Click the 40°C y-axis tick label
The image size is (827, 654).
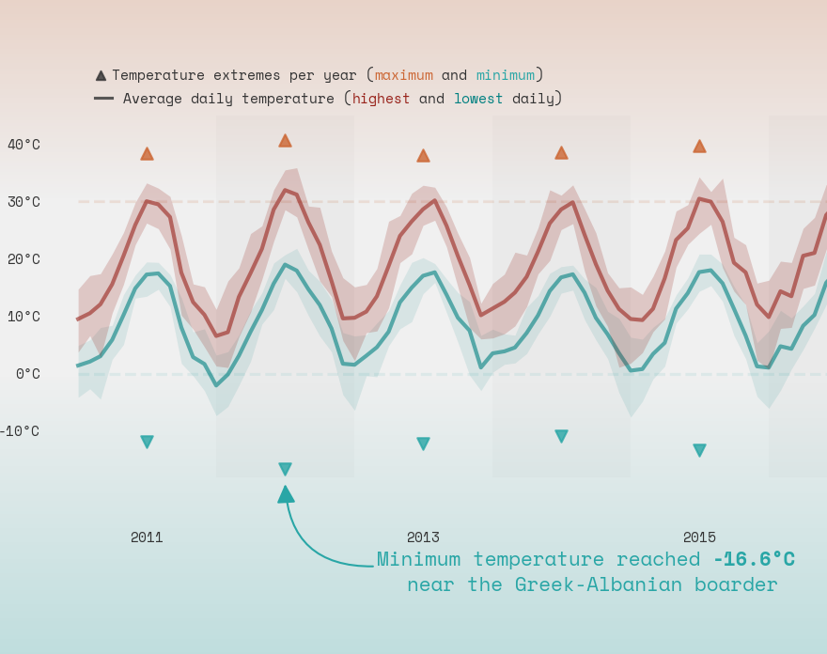23,145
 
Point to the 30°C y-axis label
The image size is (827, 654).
23,202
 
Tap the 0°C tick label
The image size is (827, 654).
27,374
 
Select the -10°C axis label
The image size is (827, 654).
20,431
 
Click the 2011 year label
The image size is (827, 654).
147,537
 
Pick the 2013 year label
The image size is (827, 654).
423,537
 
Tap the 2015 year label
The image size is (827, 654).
699,537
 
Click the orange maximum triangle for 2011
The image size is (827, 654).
147,153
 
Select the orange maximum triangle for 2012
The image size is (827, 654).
285,141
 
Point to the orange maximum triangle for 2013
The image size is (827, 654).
423,156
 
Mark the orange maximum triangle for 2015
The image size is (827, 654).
699,147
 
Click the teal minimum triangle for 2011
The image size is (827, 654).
147,442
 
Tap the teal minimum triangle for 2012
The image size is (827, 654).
285,469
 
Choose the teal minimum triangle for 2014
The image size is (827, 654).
561,436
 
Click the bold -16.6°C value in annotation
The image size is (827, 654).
754,560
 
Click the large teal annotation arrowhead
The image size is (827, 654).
286,494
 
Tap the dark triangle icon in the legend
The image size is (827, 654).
101,75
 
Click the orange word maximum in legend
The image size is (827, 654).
404,75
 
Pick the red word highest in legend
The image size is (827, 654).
381,99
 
